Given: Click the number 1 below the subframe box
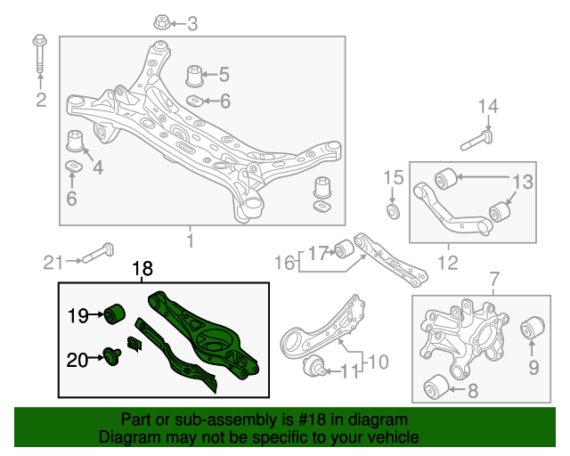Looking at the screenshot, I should pos(190,240).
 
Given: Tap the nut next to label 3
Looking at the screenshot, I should pos(162,22).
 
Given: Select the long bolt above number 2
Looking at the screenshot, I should pos(40,55).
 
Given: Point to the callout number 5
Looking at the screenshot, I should pos(224,75).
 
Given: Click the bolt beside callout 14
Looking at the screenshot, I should pos(480,139).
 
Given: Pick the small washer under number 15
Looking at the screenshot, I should pos(389,211).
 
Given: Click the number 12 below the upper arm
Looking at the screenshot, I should pos(448,262).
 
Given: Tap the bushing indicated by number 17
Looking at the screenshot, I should pos(348,249).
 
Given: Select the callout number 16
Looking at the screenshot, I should pos(284,262).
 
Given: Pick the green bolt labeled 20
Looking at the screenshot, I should pos(113,357).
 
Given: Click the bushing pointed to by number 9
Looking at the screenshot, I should pos(533,328).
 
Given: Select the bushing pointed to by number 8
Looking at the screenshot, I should pos(437,387).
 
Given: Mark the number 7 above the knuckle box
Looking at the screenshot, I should pos(494,284).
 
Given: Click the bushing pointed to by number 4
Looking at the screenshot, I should pos(76,141).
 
